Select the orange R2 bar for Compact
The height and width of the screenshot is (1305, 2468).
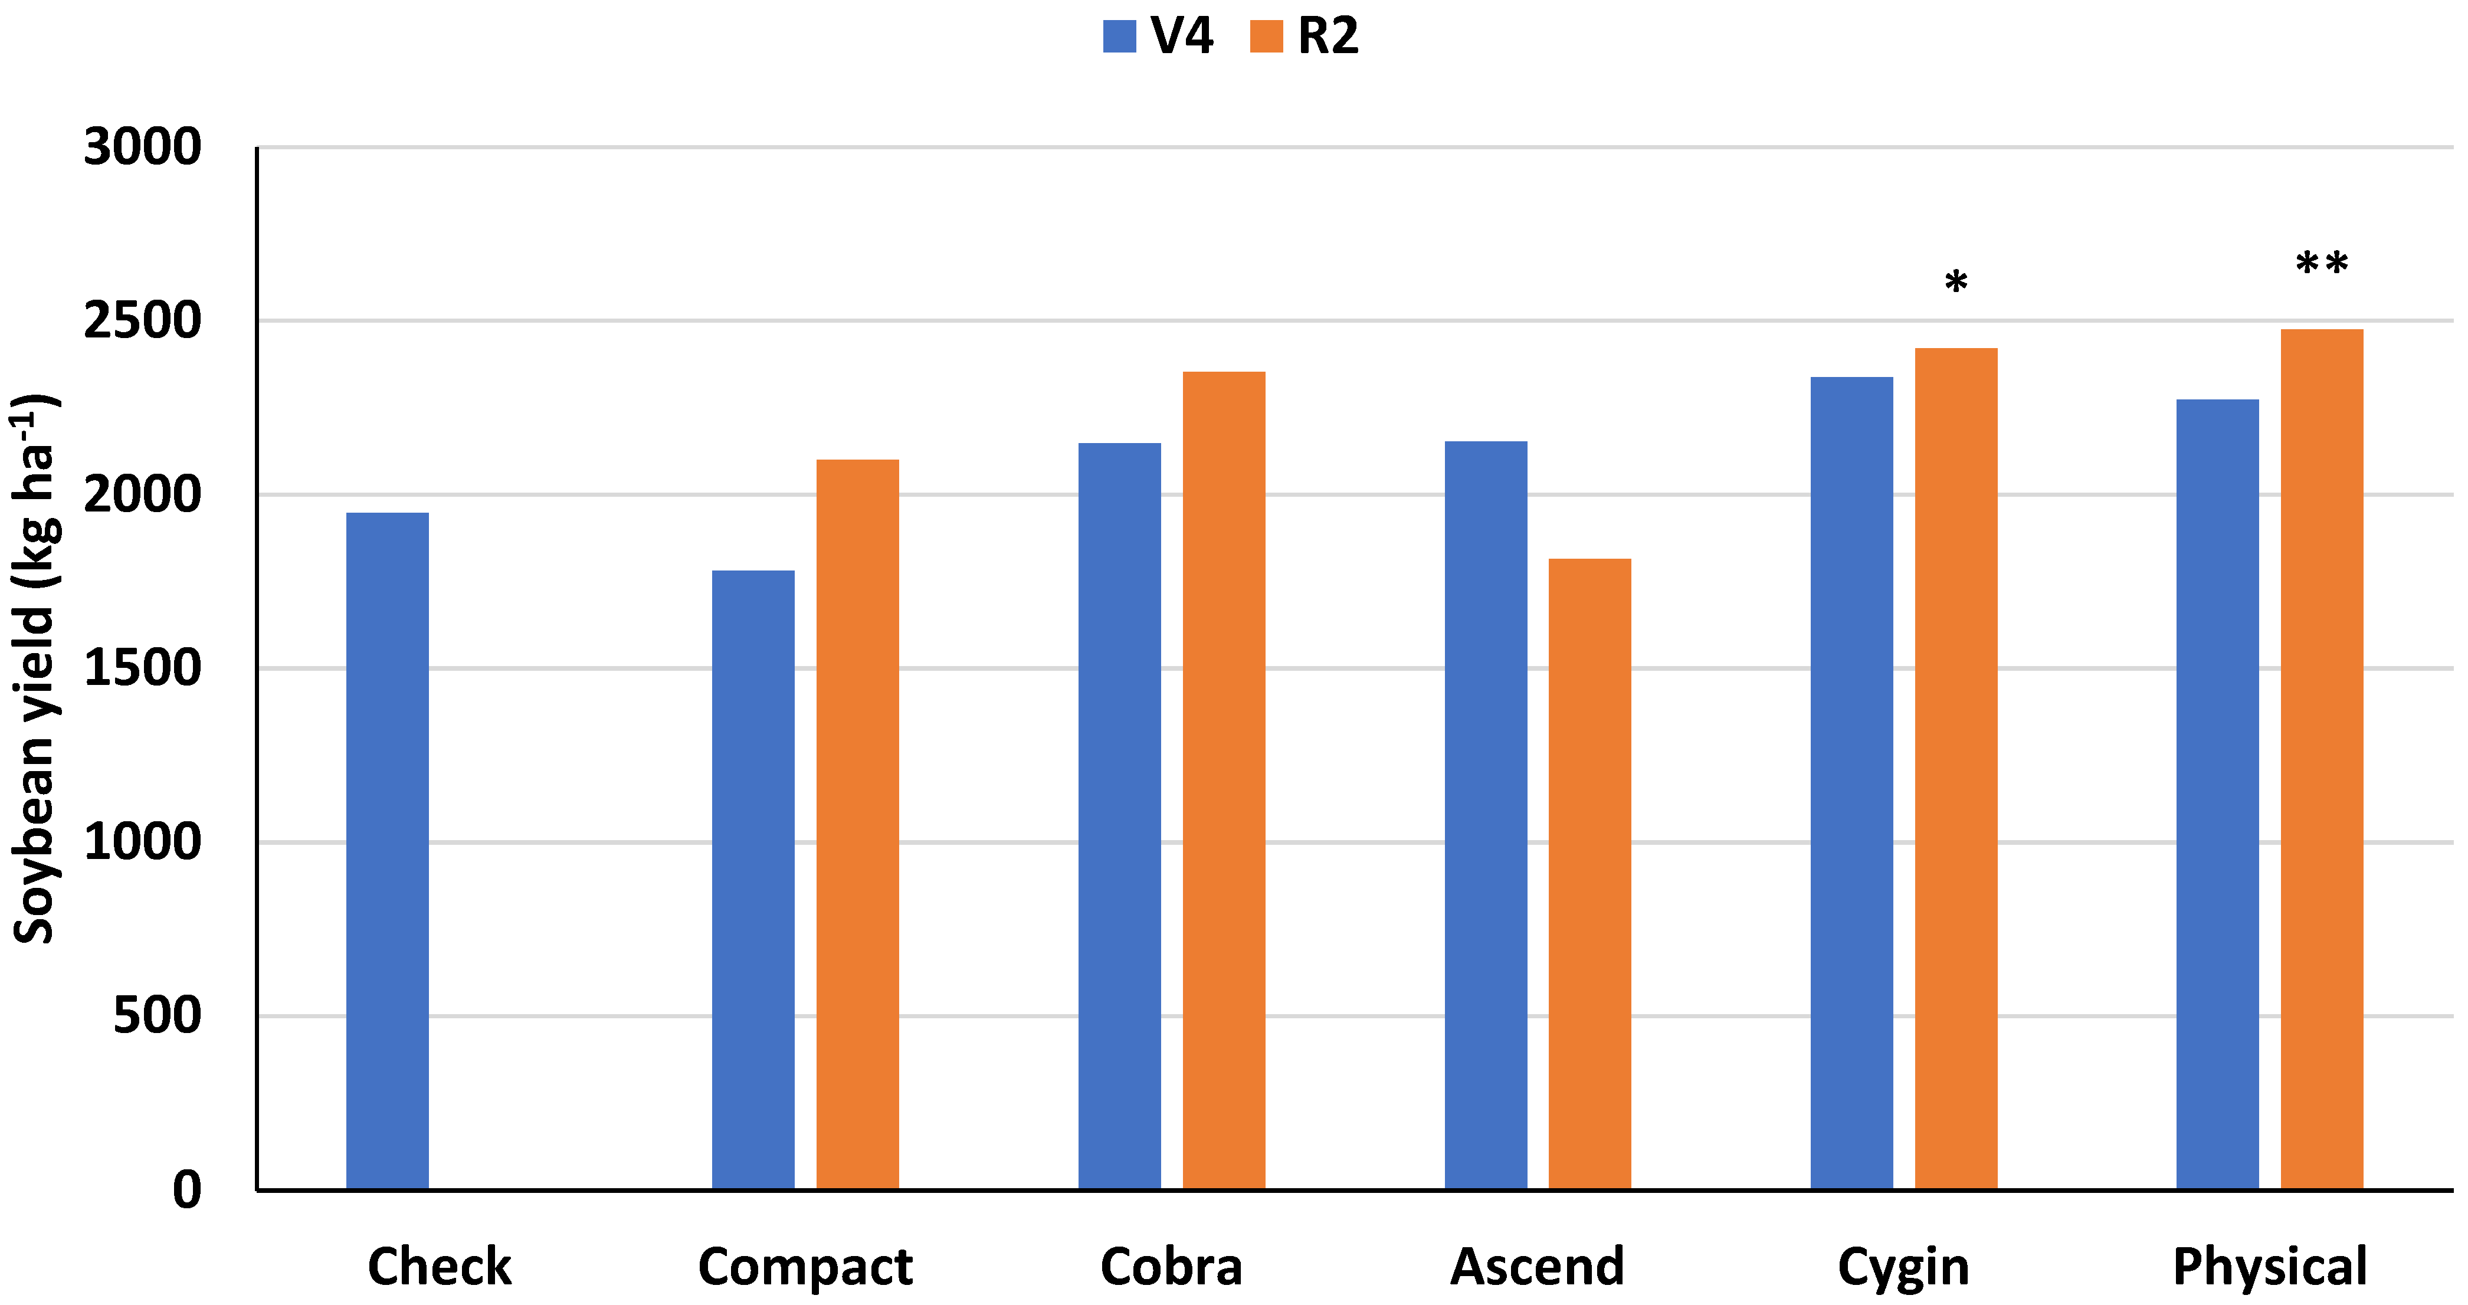coord(857,824)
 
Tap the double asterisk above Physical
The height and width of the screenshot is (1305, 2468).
coord(2322,264)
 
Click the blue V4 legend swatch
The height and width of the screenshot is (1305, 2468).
coord(1119,37)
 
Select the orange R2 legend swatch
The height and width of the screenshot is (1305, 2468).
coord(1266,37)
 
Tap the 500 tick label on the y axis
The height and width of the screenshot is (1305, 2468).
coord(157,1016)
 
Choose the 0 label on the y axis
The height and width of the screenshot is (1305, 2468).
coord(187,1190)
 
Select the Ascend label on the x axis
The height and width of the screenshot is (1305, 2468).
coord(1537,1267)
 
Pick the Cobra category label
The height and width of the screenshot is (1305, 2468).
coord(1171,1267)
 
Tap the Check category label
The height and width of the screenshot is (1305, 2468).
coord(440,1267)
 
